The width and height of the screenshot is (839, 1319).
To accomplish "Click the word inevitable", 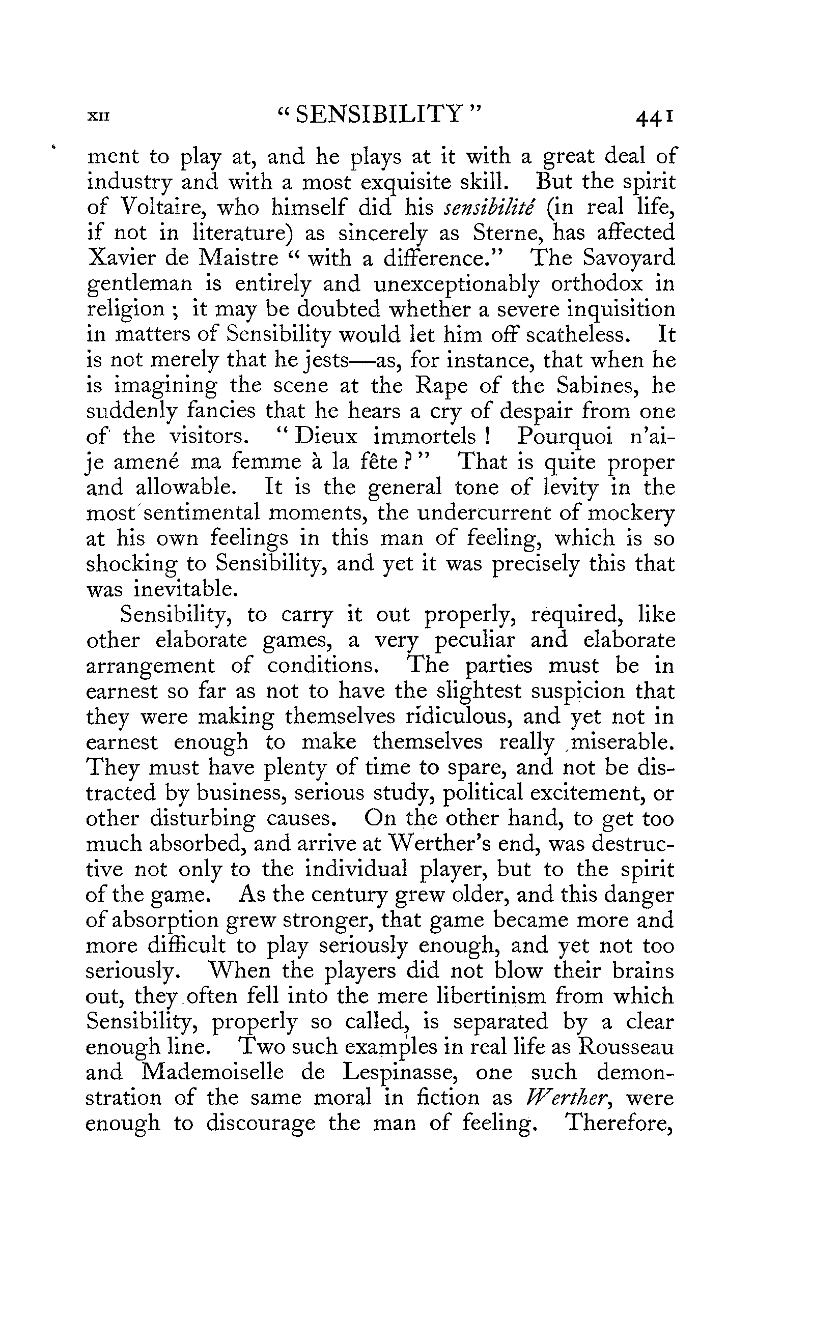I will click(x=177, y=589).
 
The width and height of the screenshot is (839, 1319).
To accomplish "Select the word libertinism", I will click(x=469, y=995).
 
